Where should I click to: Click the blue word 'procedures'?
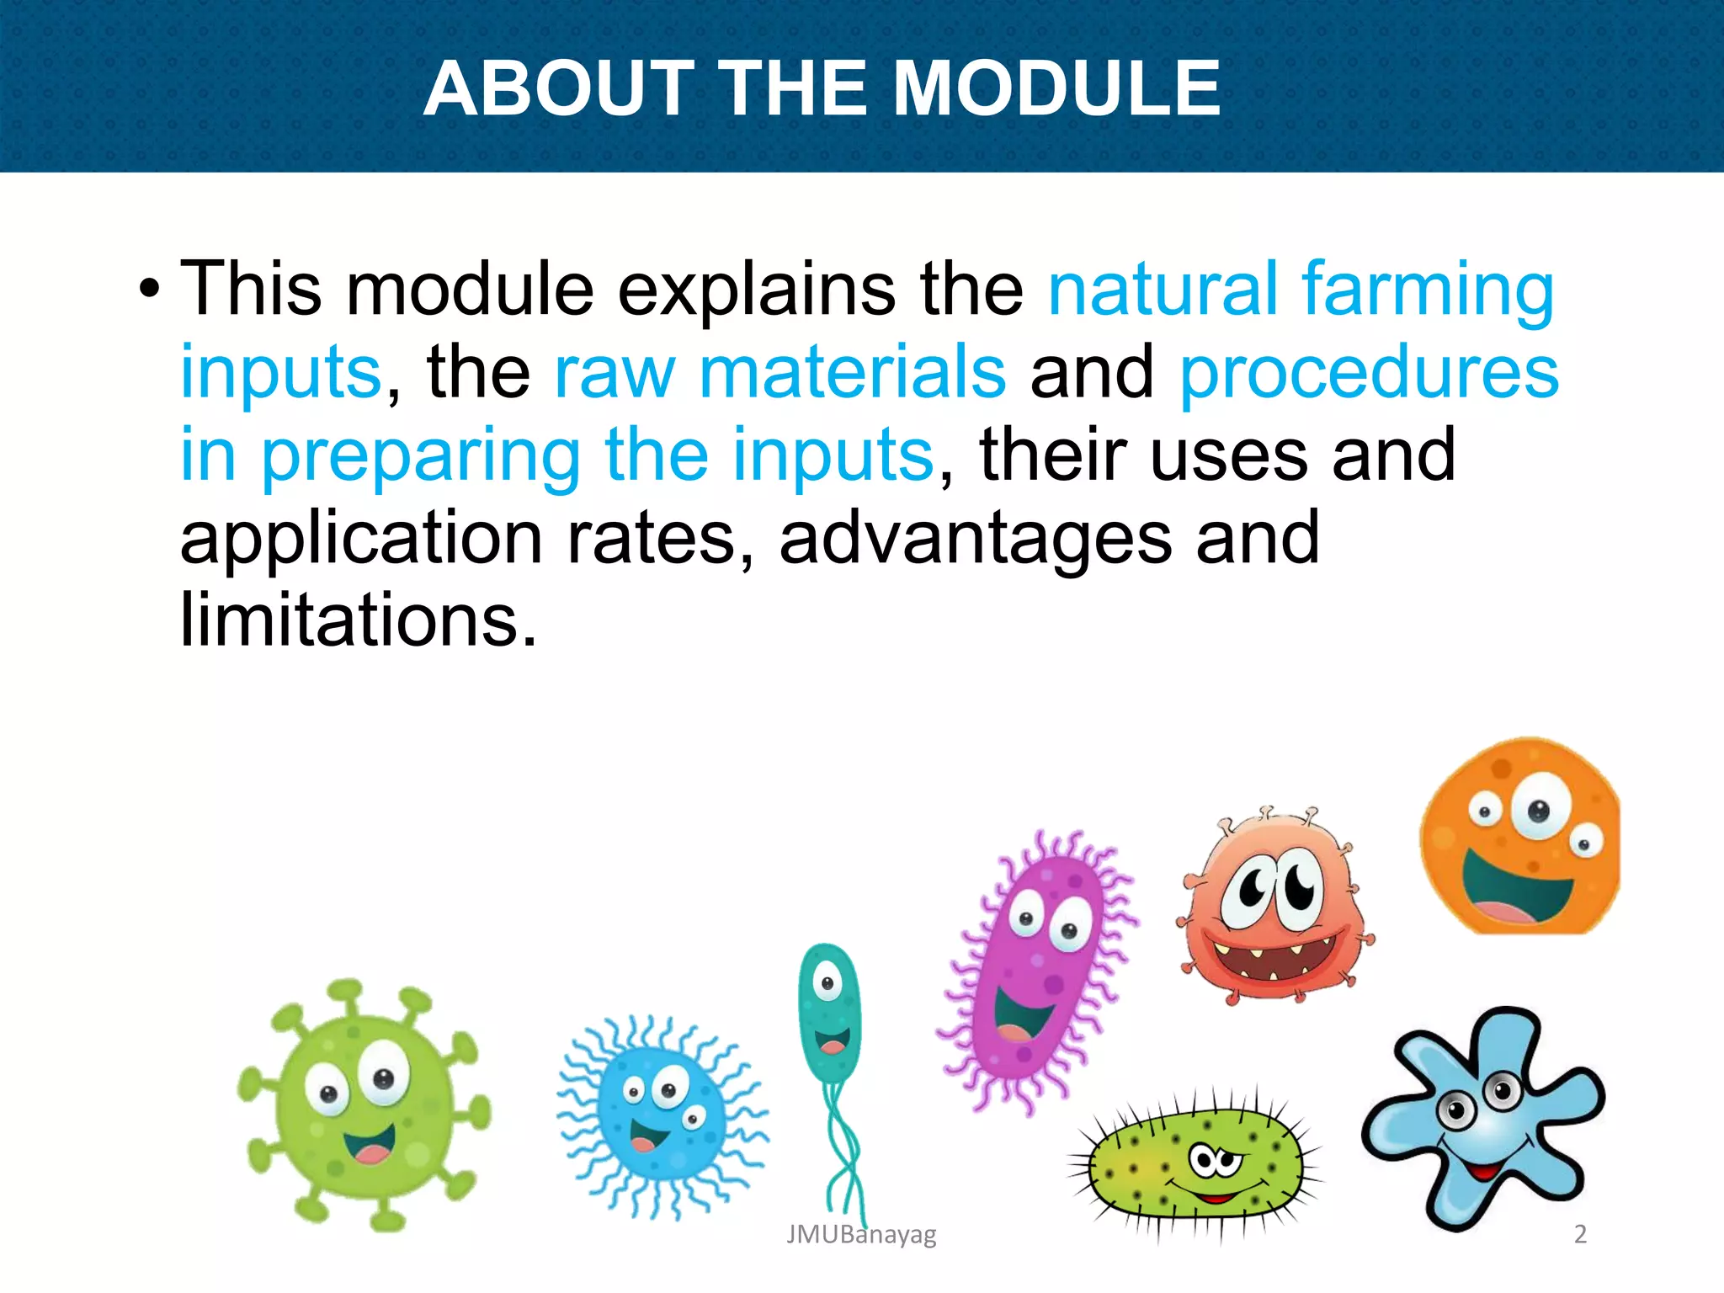click(x=1369, y=374)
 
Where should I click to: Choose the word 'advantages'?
click(x=975, y=539)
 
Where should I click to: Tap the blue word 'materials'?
click(x=852, y=374)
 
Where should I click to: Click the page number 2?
click(x=1580, y=1234)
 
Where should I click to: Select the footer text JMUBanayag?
click(x=860, y=1235)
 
